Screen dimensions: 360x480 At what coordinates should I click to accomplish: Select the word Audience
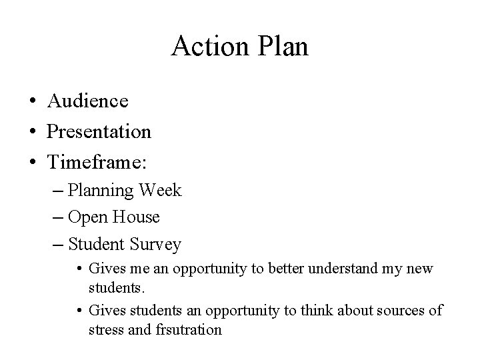[x=87, y=101]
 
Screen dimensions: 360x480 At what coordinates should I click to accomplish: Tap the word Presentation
[x=99, y=131]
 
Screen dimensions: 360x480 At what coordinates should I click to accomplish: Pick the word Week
[x=161, y=191]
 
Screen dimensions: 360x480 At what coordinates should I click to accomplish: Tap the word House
[x=136, y=217]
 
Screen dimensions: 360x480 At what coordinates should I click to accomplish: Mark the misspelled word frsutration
[x=189, y=329]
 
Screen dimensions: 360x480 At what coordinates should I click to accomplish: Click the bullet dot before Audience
[x=31, y=102]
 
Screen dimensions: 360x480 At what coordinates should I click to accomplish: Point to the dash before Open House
[x=57, y=218]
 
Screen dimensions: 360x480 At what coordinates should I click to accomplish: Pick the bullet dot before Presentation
[x=31, y=132]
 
